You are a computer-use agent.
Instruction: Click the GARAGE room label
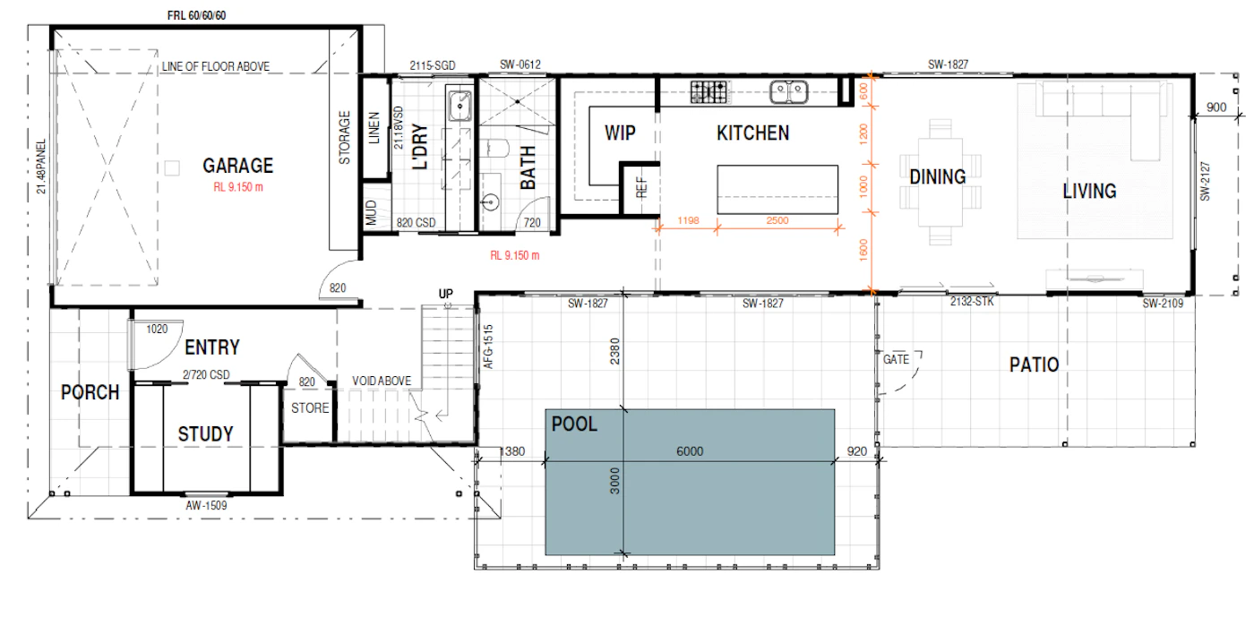238,166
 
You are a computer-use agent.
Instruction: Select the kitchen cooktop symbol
709,92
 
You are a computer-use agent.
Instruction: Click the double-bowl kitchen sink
789,92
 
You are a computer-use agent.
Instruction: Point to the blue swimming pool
690,482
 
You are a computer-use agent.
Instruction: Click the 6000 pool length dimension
690,451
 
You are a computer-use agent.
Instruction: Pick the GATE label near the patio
896,359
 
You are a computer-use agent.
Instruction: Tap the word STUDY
205,434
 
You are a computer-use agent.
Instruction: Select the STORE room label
310,408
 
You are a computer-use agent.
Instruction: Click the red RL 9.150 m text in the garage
238,187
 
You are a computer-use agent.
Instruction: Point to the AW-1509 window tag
206,506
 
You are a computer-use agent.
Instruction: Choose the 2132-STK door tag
972,302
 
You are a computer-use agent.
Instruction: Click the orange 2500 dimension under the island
777,220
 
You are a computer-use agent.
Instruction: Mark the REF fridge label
641,187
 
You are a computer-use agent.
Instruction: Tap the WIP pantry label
620,133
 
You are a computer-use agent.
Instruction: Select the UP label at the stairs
446,294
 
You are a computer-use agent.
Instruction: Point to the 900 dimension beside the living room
1216,107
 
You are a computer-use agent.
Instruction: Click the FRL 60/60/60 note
196,16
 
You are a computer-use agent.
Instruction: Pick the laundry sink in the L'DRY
460,105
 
